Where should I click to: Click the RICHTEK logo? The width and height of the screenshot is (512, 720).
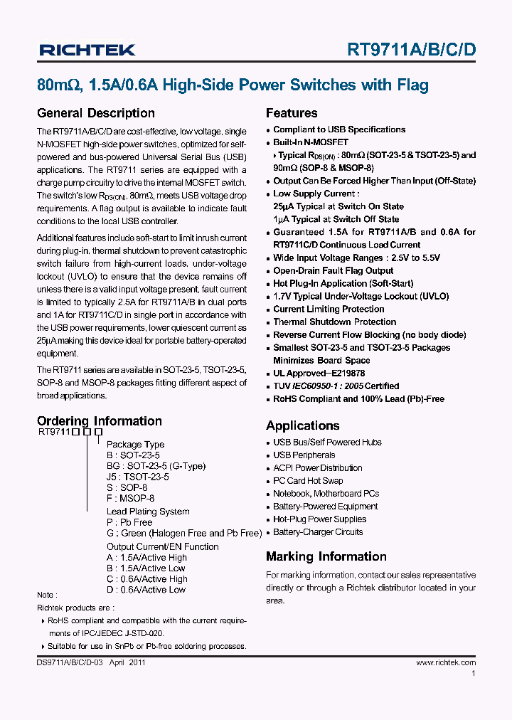87,50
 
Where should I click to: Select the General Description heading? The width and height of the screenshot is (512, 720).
95,113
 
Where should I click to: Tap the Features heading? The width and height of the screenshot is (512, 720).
292,113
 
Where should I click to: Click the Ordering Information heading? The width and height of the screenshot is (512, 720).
99,421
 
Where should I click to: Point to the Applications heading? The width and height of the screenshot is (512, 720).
302,425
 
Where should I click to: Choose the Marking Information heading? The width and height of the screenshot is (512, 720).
326,556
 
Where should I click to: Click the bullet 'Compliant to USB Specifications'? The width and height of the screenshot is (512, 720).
339,129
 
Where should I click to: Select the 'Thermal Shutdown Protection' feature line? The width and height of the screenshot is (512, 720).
334,322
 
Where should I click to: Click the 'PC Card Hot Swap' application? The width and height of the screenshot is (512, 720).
308,481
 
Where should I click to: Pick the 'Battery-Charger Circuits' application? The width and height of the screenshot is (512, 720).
318,532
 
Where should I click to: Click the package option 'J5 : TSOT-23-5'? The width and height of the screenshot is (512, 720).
138,477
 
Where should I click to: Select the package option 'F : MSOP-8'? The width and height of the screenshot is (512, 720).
130,499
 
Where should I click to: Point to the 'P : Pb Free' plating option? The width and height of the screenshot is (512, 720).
129,522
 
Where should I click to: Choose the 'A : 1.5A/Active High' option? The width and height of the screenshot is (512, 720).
147,558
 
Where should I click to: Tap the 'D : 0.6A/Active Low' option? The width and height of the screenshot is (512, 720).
146,590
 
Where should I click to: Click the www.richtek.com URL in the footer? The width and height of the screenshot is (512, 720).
446,662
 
